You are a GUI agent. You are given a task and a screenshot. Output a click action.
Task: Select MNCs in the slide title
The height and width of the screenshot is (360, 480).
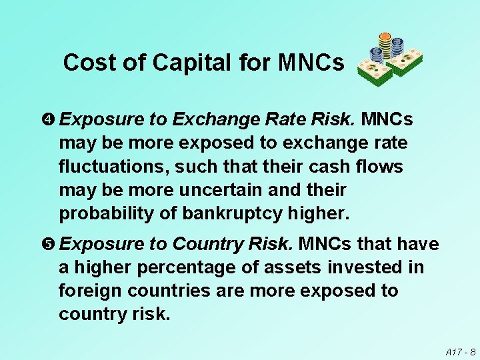(311, 63)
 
